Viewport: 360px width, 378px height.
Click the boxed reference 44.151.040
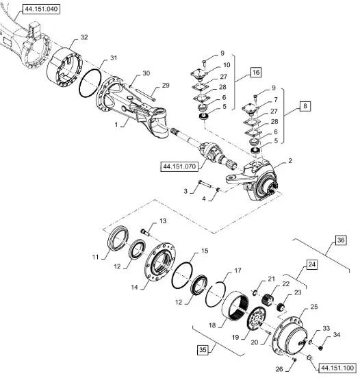[x=41, y=9]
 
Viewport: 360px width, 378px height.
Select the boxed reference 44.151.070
[x=179, y=166]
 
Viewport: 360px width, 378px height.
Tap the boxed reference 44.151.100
[x=337, y=368]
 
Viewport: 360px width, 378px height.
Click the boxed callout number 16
[x=256, y=72]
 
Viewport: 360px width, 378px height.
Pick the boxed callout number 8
[x=305, y=106]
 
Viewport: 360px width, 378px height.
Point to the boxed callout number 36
[x=341, y=240]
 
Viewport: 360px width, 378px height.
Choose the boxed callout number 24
[x=312, y=264]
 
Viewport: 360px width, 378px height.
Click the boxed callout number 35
[x=203, y=349]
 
